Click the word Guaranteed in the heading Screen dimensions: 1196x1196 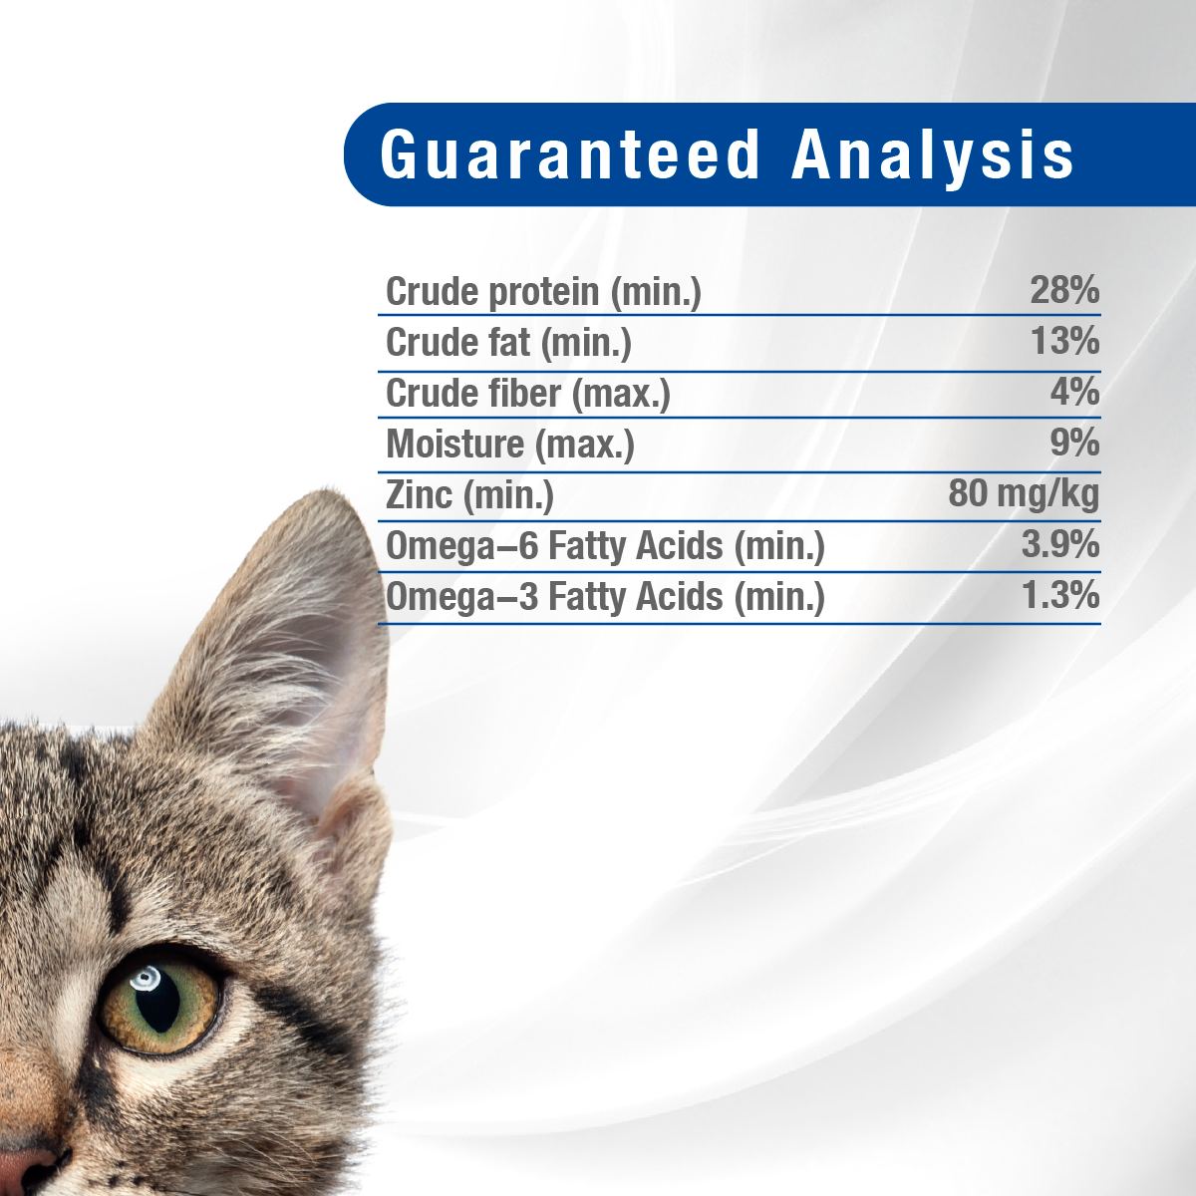[570, 154]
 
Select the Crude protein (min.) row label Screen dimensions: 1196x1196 [544, 292]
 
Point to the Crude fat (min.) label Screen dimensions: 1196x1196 [509, 343]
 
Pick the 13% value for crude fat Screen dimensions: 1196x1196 [1065, 341]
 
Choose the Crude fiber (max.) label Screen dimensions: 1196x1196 [528, 394]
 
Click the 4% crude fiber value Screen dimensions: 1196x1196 [1075, 392]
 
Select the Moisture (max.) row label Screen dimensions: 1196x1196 [510, 445]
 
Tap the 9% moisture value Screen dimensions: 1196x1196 [1075, 443]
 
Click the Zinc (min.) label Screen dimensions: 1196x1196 [469, 495]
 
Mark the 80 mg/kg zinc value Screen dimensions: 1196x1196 [1025, 494]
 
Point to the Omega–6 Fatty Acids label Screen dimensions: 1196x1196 [606, 546]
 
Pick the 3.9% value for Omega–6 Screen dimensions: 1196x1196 [1060, 544]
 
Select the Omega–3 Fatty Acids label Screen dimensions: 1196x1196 [606, 597]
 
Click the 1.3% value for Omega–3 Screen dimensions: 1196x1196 [1060, 595]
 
